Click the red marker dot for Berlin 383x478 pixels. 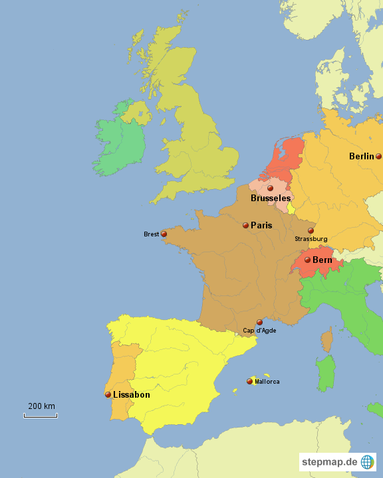click(x=378, y=157)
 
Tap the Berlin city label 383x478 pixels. click(x=362, y=157)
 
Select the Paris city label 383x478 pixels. click(x=261, y=226)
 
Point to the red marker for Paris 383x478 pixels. click(x=245, y=226)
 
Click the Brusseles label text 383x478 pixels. click(x=271, y=199)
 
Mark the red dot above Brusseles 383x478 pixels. click(x=270, y=189)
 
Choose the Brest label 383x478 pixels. click(x=152, y=234)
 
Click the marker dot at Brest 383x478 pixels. click(x=164, y=234)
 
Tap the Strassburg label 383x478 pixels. click(x=311, y=239)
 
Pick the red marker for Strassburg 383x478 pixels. click(x=311, y=230)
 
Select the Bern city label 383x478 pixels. click(x=322, y=260)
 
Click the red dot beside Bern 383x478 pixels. click(x=307, y=260)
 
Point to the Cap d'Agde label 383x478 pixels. click(x=259, y=331)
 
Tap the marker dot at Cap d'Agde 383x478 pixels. click(x=259, y=322)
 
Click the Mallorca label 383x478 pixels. click(x=267, y=382)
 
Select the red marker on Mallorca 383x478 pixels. click(x=250, y=381)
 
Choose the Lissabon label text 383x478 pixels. click(x=132, y=394)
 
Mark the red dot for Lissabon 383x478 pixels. click(x=108, y=394)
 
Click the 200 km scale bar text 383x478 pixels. click(x=41, y=406)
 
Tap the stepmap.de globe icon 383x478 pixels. click(x=368, y=461)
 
